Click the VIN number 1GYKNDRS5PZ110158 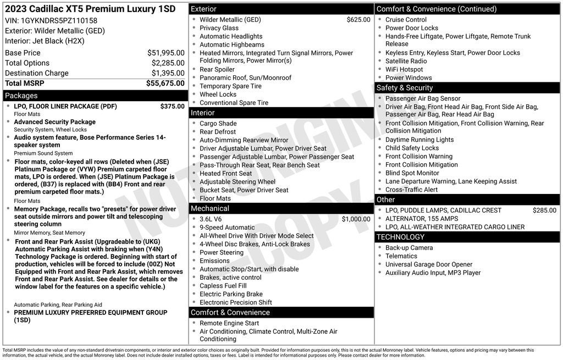click(59, 20)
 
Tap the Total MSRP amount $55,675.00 click(165, 84)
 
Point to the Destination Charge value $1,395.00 click(168, 73)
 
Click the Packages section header click(21, 96)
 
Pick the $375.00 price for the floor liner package click(172, 106)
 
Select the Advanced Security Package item click(54, 122)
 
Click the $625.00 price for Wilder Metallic click(358, 20)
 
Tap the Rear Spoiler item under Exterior click(217, 69)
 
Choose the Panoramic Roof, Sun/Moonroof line click(245, 78)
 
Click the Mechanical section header click(209, 208)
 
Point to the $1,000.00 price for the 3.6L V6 click(356, 219)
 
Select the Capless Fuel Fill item click(223, 286)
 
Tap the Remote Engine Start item click(229, 323)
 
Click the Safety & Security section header click(404, 88)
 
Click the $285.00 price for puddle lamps click(544, 210)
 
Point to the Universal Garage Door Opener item click(429, 264)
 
